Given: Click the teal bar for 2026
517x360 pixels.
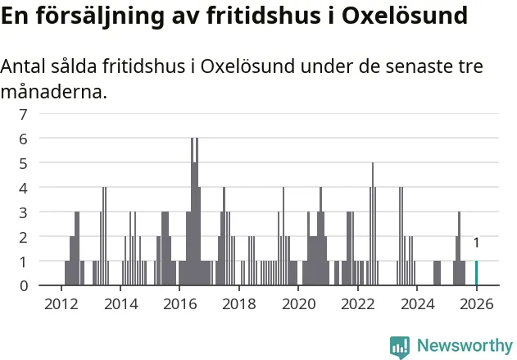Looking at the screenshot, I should (476, 273).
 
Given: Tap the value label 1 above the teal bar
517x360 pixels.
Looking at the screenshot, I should (476, 243).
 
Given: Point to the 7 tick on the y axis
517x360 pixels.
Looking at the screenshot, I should (24, 114).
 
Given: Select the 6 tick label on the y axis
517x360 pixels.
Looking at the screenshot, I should (24, 139).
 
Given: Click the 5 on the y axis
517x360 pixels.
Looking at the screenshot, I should (24, 163).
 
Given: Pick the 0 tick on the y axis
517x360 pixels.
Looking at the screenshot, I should (24, 285).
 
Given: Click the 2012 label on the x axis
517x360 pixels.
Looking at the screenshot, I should (61, 303).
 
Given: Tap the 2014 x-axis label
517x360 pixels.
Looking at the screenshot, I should (120, 303).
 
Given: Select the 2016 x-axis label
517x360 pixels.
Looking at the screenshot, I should (179, 303).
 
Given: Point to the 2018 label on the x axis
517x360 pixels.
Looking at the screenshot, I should (238, 303).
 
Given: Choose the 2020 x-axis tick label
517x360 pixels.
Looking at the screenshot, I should (298, 303).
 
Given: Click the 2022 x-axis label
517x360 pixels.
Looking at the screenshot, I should (357, 303).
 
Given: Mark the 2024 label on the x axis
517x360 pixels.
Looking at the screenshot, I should (417, 303).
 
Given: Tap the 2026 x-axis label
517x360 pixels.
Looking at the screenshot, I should (476, 303).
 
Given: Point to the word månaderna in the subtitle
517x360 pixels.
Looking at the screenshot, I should (53, 93).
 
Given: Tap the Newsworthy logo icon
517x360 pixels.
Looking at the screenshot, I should (399, 346).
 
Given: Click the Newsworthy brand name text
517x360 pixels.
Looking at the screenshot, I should (464, 345).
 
